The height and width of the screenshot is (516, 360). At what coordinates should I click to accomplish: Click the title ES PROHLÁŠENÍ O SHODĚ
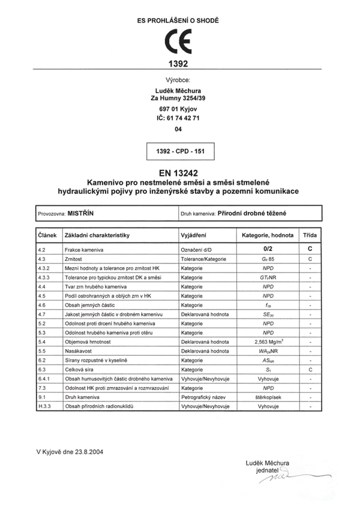178,20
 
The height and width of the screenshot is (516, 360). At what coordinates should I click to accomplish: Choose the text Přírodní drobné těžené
251,213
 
